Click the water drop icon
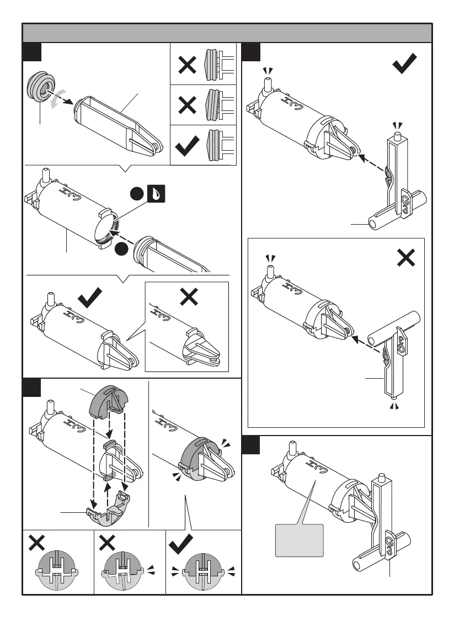(156, 195)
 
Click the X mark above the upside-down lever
(405, 257)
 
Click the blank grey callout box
(298, 539)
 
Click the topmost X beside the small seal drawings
(187, 65)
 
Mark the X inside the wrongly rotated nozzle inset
(189, 297)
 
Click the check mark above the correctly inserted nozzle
(90, 300)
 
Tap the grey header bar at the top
(227, 33)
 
